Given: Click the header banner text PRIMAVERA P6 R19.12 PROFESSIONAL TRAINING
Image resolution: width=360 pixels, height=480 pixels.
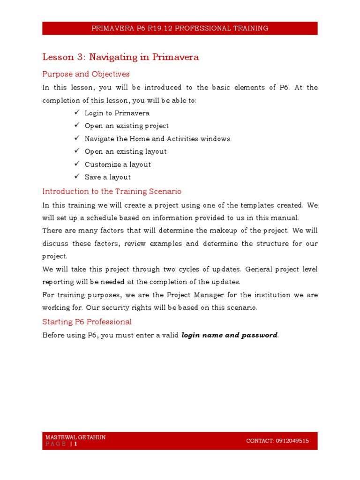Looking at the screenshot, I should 180,28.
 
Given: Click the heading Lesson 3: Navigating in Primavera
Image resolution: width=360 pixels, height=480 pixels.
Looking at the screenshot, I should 120,57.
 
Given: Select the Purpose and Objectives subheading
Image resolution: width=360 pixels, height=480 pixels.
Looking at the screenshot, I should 86,74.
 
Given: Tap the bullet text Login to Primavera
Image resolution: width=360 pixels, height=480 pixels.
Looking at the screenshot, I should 117,113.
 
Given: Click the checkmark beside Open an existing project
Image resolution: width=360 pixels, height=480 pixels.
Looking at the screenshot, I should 77,126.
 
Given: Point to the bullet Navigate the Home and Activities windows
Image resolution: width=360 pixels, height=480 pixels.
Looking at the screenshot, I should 157,139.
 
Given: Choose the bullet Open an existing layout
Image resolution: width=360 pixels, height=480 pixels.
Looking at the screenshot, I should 125,151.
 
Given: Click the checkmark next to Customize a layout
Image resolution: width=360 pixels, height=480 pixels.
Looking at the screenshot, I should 77,164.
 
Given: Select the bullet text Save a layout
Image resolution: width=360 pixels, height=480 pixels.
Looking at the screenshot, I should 107,177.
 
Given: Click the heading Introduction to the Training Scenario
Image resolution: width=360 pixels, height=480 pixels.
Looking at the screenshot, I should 112,191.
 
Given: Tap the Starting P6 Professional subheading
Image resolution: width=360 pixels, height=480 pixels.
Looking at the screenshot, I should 87,322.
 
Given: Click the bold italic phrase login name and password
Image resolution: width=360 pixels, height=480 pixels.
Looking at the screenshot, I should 229,335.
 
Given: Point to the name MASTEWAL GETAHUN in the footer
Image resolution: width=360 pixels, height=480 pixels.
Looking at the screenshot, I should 75,437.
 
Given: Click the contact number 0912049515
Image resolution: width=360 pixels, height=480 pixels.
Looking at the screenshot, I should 292,441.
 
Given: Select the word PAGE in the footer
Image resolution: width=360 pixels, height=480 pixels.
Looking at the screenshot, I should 55,444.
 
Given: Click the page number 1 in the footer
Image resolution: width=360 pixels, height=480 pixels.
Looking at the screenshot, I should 75,444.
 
